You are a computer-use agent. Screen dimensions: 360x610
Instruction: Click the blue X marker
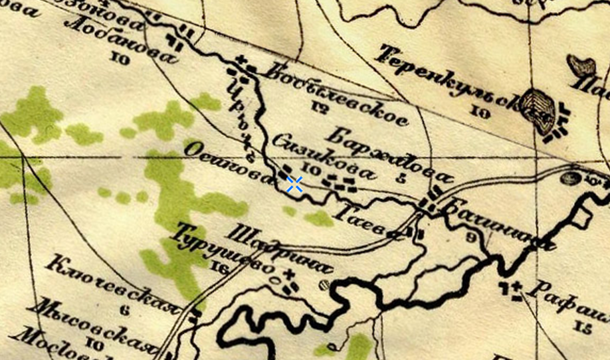[x=294, y=185]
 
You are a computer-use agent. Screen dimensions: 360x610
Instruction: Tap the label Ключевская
[x=113, y=283]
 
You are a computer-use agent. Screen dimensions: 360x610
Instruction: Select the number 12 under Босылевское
[x=320, y=104]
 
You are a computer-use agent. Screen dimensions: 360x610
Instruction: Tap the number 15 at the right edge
[x=584, y=325]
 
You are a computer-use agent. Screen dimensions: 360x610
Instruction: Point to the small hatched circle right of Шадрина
[x=324, y=285]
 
